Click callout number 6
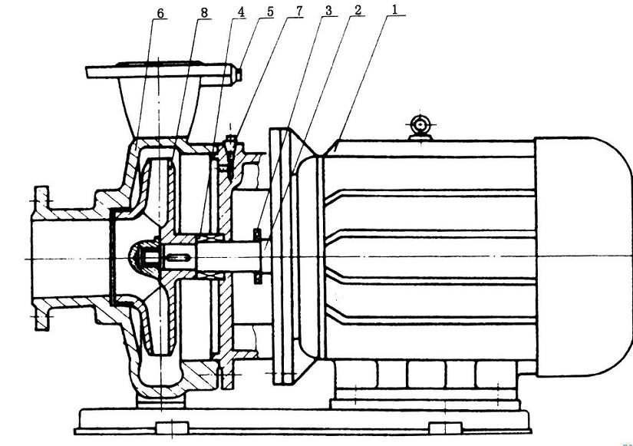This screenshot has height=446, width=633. click(x=160, y=13)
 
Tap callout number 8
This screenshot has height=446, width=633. click(x=204, y=13)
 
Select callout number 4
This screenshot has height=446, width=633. click(x=241, y=12)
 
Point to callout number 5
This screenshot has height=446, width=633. click(x=269, y=12)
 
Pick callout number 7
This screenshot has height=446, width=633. click(x=298, y=12)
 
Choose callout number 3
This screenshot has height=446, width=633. click(x=328, y=11)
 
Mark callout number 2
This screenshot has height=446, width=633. click(x=358, y=10)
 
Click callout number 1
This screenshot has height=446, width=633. click(x=394, y=9)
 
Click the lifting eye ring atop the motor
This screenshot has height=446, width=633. click(x=420, y=123)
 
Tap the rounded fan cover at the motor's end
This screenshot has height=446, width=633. click(x=583, y=257)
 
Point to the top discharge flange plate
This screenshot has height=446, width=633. click(x=160, y=71)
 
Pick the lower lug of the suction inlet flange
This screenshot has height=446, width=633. click(x=42, y=316)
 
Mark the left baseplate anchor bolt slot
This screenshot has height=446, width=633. click(x=173, y=427)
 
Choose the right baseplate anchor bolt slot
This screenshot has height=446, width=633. click(x=446, y=427)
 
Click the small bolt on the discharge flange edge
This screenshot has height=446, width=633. click(x=238, y=74)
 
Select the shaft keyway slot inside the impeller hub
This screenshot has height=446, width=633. click(x=177, y=257)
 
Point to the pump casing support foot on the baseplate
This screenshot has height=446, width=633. click(x=160, y=402)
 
